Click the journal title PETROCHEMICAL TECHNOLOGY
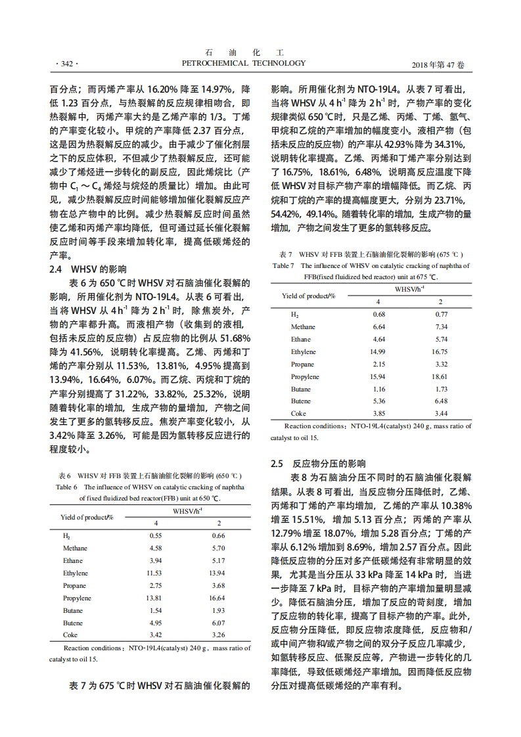pos(243,63)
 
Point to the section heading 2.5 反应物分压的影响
pos(319,463)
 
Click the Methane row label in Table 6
pos(76,548)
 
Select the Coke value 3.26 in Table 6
pos(219,635)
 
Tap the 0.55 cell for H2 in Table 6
pos(156,535)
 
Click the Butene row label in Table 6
pos(73,623)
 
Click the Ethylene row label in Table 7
pos(304,352)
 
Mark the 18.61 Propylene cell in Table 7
pos(440,377)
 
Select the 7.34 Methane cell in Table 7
pos(441,326)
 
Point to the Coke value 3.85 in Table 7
pos(378,414)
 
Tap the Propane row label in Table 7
pos(302,365)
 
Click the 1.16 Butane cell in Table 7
pos(378,390)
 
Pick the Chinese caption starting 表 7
pos(371,254)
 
